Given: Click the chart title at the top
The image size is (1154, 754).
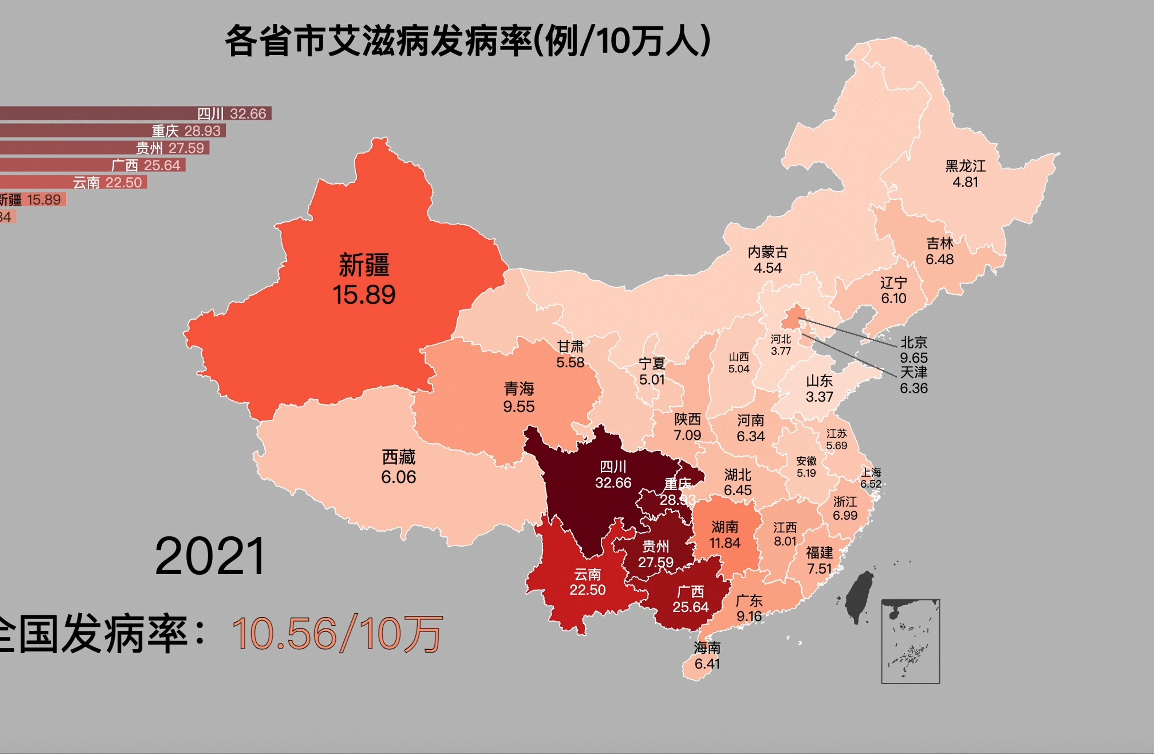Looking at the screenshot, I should tap(468, 41).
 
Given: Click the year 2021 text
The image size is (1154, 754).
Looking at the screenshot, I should tap(210, 556).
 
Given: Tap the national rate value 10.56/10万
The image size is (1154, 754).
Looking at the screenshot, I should tap(337, 633).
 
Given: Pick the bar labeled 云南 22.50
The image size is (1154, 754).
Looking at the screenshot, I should tap(73, 183).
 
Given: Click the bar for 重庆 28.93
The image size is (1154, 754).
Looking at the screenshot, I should tap(112, 131).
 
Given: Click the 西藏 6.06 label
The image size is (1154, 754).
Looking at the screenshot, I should tap(399, 467).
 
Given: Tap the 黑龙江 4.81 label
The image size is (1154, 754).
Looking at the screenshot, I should tap(965, 174).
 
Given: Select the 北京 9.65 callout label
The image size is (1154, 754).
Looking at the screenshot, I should tap(914, 350).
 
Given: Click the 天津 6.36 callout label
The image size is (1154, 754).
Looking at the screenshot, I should tap(914, 380).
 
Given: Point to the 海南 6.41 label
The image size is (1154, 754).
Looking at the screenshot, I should tap(707, 656).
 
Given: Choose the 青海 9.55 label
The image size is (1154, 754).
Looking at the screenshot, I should tap(519, 397).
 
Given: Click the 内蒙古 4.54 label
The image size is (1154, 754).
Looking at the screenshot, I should tap(767, 260).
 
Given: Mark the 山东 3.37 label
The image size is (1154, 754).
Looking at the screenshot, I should tap(819, 389).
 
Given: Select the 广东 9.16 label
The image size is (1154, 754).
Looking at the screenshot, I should tap(749, 608).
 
